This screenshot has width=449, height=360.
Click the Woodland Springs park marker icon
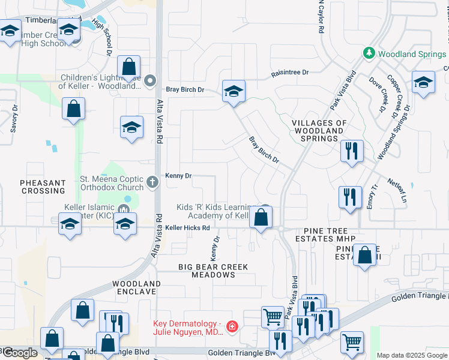[x=369, y=53]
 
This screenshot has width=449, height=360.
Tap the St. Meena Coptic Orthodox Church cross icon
[x=153, y=181]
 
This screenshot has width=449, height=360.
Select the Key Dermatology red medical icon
[x=232, y=328]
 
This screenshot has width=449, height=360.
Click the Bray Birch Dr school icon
[x=234, y=91]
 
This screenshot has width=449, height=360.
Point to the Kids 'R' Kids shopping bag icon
[x=261, y=217]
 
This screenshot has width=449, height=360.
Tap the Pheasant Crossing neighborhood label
[x=42, y=187]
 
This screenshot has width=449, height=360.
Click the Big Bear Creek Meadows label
[x=205, y=270]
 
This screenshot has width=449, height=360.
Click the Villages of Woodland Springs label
[x=319, y=131]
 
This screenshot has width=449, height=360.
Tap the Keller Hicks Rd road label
[x=188, y=228]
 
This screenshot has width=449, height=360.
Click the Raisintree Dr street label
[x=289, y=72]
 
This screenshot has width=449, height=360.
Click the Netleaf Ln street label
[x=397, y=190]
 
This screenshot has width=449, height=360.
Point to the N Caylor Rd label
[x=322, y=17]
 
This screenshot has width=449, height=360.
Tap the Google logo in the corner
[x=20, y=352]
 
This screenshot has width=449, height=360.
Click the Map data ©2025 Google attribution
[x=411, y=355]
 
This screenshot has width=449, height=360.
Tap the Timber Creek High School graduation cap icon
[x=70, y=31]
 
